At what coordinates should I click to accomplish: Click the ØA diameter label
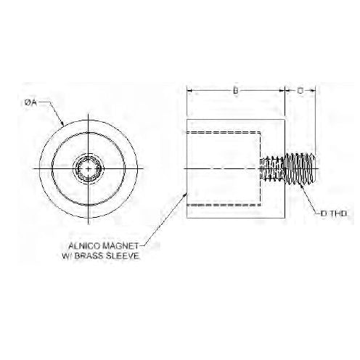[x=30, y=103]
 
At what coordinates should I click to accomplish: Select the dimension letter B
[x=236, y=91]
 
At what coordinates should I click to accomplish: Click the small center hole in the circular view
[x=88, y=169]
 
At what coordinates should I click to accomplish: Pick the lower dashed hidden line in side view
[x=225, y=205]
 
